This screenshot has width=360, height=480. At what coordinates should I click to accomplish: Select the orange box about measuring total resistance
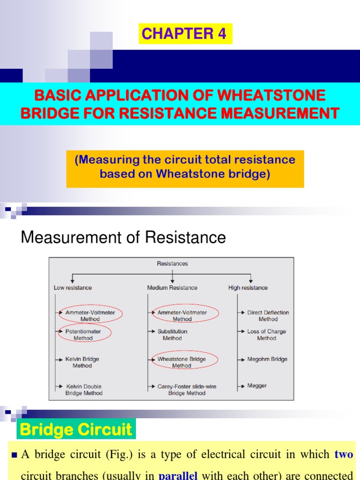tap(185, 167)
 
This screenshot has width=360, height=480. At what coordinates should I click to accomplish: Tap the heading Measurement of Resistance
tap(123, 238)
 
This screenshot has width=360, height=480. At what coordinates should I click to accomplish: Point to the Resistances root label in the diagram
tap(172, 263)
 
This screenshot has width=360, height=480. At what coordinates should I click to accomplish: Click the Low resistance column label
tap(73, 287)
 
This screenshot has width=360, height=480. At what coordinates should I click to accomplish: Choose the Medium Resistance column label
tap(172, 287)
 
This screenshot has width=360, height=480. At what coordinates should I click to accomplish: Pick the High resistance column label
tap(248, 287)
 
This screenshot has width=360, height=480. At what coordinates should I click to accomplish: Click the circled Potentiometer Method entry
tap(83, 334)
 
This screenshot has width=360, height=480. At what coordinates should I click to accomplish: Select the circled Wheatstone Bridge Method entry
tap(181, 362)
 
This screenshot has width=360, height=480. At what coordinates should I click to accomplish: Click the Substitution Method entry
tap(172, 334)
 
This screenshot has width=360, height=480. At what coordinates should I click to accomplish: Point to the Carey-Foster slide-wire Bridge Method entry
tap(187, 390)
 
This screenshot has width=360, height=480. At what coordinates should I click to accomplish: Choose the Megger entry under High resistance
tap(257, 386)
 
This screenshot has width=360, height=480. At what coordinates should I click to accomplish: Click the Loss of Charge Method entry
tap(266, 334)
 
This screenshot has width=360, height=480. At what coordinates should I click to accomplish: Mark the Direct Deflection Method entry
tap(268, 315)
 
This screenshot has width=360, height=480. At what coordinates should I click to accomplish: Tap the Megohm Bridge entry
tap(267, 359)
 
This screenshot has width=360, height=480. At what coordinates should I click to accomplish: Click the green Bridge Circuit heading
tap(76, 429)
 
